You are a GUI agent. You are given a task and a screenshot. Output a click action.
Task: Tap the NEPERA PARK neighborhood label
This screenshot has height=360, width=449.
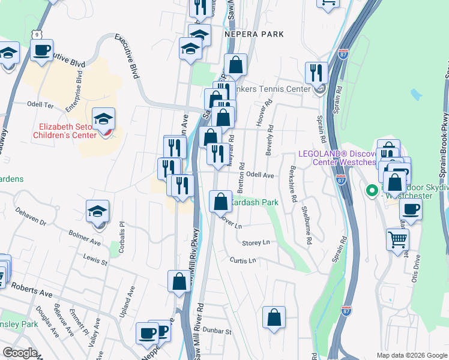point(254,34)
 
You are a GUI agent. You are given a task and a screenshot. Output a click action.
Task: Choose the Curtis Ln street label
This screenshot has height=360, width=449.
point(243,260)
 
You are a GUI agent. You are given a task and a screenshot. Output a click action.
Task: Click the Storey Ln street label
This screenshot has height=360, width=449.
point(256,242)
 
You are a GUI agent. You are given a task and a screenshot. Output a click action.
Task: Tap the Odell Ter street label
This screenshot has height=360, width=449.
point(40,104)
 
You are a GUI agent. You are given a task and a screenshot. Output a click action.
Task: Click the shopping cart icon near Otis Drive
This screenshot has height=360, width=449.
point(397,241)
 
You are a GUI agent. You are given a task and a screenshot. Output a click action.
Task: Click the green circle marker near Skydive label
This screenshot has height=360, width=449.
point(372,191)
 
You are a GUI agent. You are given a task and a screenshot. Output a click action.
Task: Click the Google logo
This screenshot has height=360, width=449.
point(20,353)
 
